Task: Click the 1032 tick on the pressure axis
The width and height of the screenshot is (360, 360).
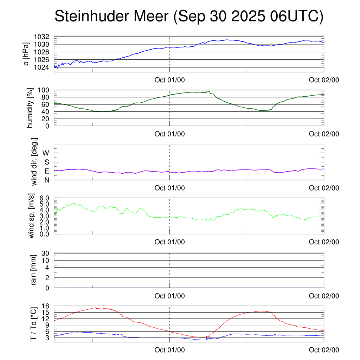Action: coord(43,37)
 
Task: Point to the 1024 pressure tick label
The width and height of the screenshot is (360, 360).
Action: coord(43,67)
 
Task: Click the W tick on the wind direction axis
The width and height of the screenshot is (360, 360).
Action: coord(46,153)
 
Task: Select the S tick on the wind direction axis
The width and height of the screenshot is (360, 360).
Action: coord(46,162)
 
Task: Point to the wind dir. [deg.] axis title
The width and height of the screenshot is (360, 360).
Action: coord(34,162)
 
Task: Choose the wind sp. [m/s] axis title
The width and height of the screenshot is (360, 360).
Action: coord(32,216)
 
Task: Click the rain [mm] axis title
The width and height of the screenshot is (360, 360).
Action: coord(34,270)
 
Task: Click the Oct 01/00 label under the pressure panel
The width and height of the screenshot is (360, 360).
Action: coord(170,80)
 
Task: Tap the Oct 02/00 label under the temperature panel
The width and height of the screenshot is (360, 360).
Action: coord(324,350)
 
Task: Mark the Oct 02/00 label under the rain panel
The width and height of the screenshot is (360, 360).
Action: coord(324,296)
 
